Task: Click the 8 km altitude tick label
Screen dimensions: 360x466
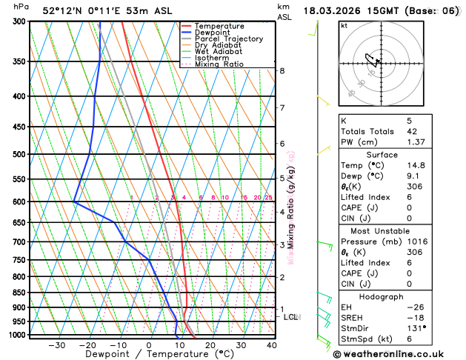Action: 282,70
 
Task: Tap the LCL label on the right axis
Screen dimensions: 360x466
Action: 290,317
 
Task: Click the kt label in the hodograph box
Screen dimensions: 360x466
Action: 344,25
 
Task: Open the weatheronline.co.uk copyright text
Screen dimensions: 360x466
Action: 398,353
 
